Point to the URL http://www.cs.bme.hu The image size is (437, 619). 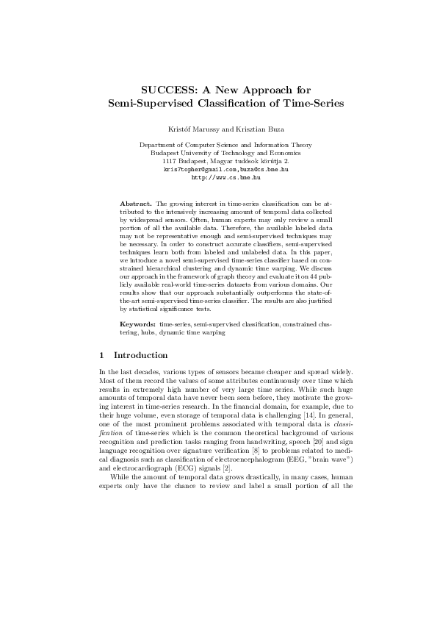click(x=218, y=176)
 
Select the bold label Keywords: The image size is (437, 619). click(x=138, y=324)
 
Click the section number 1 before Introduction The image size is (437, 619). click(x=101, y=355)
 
